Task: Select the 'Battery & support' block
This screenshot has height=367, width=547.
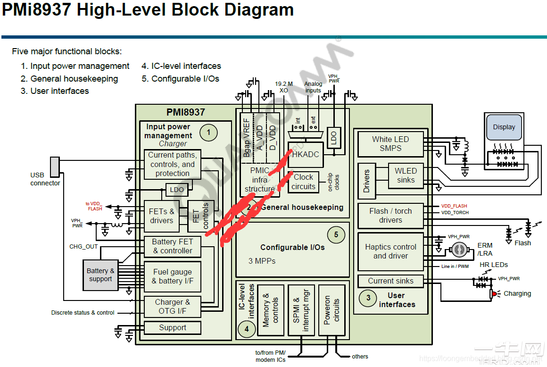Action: click(100, 275)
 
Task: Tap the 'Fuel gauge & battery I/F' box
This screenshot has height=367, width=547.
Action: click(172, 276)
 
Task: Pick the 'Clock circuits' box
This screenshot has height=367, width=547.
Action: click(303, 182)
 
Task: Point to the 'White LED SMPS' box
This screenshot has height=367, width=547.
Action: click(390, 144)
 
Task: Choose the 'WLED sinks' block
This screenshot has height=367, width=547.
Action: click(406, 175)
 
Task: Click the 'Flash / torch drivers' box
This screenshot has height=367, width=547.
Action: click(390, 216)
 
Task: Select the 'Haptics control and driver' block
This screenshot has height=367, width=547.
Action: click(390, 251)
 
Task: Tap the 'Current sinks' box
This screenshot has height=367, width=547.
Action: click(390, 281)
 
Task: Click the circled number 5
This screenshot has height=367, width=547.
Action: click(336, 234)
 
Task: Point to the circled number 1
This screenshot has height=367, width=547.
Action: click(208, 133)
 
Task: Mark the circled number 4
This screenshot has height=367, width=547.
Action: click(246, 329)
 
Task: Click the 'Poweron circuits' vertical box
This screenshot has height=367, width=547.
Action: click(332, 310)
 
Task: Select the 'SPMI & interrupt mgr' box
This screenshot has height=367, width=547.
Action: click(300, 310)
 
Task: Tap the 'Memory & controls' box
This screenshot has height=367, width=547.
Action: click(271, 310)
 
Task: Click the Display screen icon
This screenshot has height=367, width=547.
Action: click(504, 127)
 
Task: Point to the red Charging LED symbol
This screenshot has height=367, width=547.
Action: click(494, 294)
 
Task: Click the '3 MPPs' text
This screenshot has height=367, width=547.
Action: click(262, 261)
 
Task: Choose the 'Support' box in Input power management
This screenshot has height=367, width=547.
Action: click(172, 328)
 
